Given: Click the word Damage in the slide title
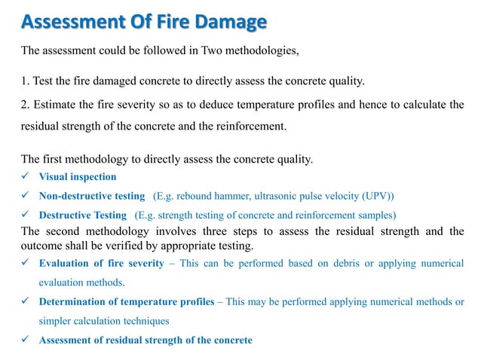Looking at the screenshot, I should click(228, 23).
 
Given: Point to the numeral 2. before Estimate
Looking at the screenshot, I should click(26, 105).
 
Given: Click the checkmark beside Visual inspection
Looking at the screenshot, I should click(26, 177).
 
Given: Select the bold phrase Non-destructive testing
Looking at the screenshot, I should click(91, 196).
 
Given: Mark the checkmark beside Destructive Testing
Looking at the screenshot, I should click(26, 215).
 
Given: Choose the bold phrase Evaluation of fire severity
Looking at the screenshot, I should click(101, 263).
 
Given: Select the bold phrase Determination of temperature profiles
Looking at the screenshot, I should click(127, 303).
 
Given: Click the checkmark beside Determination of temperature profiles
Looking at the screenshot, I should click(26, 303).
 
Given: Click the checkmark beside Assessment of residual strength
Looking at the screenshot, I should click(26, 340).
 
